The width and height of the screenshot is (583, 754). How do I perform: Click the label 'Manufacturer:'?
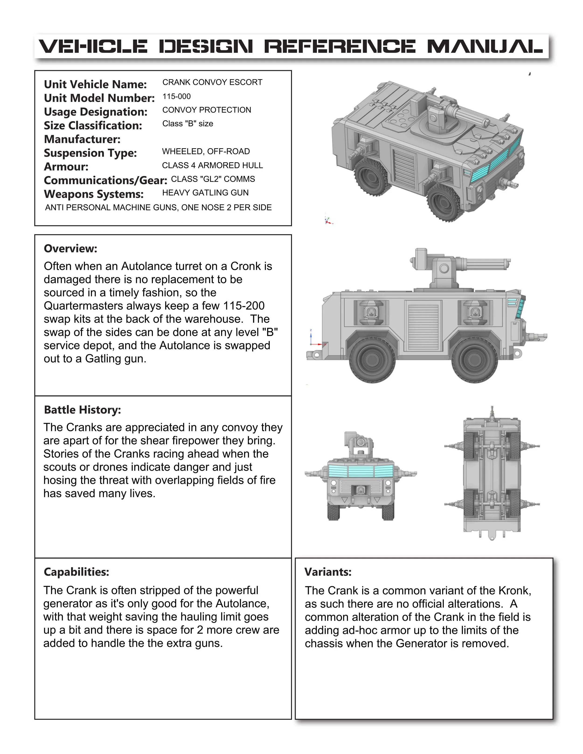pos(82,139)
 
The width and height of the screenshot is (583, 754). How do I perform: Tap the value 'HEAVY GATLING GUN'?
pos(205,193)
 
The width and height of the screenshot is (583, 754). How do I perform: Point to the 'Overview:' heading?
pos(70,248)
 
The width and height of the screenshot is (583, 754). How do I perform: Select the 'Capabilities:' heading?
pos(76,572)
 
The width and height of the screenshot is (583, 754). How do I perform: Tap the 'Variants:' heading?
pos(328,572)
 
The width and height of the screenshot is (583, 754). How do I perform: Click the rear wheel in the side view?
pos(372,361)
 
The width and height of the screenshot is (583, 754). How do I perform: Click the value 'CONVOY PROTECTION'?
pos(207,110)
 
